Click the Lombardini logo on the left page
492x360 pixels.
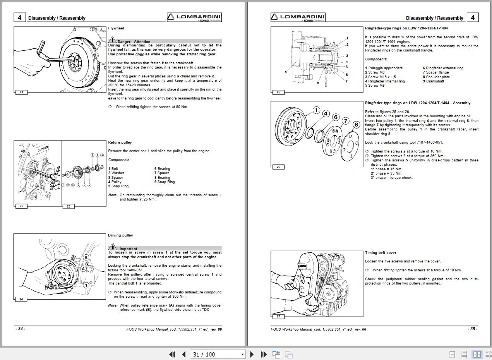pyautogui.click(x=194, y=17)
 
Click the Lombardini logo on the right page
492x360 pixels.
pyautogui.click(x=298, y=17)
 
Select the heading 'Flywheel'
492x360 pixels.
pyautogui.click(x=116, y=28)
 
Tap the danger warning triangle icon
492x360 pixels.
pyautogui.click(x=112, y=39)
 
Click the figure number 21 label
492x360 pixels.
pyautogui.click(x=21, y=92)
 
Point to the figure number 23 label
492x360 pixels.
pyautogui.click(x=69, y=206)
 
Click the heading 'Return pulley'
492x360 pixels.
pyautogui.click(x=120, y=142)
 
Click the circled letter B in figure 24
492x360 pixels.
pyautogui.click(x=86, y=257)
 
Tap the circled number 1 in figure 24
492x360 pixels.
pyautogui.click(x=86, y=285)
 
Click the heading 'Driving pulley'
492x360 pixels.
pyautogui.click(x=120, y=235)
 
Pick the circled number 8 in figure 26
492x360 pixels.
pyautogui.click(x=356, y=125)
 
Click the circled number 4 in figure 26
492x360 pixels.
pyautogui.click(x=326, y=113)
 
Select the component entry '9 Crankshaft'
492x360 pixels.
pyautogui.click(x=434, y=81)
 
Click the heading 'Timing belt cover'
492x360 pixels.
pyautogui.click(x=381, y=253)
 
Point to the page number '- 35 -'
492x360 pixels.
pyautogui.click(x=473, y=329)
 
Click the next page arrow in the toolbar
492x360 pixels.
pyautogui.click(x=252, y=354)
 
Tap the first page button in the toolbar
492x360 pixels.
pyautogui.click(x=172, y=354)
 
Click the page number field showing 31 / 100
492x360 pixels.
pyautogui.click(x=218, y=354)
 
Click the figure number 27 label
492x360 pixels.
pyautogui.click(x=278, y=317)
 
